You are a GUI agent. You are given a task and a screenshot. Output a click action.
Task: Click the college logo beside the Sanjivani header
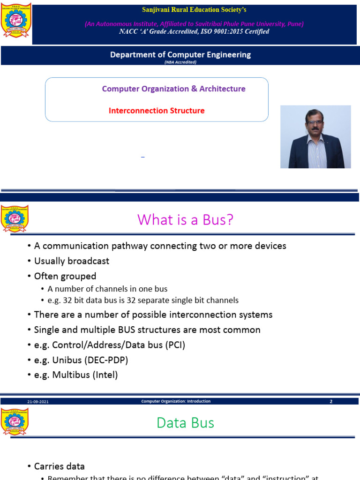(x=16, y=21)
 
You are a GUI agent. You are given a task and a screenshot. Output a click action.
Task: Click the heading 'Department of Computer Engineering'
(x=180, y=54)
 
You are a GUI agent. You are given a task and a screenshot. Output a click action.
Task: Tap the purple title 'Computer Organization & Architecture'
(x=173, y=89)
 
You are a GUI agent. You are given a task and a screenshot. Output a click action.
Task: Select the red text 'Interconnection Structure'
(x=157, y=111)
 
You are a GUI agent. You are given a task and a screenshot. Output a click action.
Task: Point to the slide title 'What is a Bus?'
(x=185, y=219)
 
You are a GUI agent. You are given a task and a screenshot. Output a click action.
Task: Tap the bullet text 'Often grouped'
(x=65, y=276)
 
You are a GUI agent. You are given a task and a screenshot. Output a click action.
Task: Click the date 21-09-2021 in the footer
(x=37, y=402)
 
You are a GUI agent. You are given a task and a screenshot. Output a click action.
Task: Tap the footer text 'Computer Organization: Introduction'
(x=176, y=401)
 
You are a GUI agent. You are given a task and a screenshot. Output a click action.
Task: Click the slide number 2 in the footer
(x=331, y=402)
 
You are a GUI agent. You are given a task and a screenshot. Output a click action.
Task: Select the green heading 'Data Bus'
(x=185, y=423)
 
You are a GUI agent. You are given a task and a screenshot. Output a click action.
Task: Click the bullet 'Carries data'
(x=59, y=466)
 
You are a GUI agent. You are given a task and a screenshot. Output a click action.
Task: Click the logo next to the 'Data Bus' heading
(x=15, y=421)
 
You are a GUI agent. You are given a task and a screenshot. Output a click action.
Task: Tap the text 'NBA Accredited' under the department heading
(x=180, y=62)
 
